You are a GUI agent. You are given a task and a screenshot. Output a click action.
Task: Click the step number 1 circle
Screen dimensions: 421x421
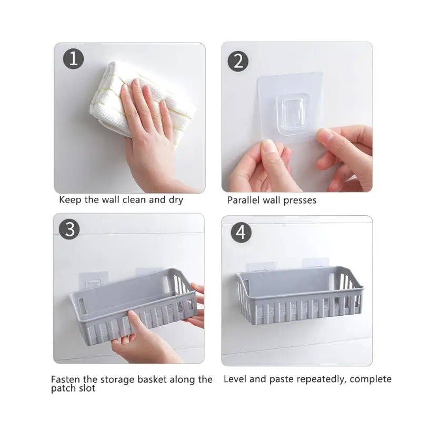(x=73, y=59)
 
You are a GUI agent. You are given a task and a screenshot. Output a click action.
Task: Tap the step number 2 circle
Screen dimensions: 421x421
(x=238, y=61)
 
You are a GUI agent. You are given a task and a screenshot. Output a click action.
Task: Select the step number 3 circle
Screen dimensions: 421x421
(x=69, y=230)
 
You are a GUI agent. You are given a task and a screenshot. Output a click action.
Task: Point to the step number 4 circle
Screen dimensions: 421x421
(x=241, y=233)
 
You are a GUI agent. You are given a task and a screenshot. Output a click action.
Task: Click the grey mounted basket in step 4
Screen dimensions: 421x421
(x=300, y=295)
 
